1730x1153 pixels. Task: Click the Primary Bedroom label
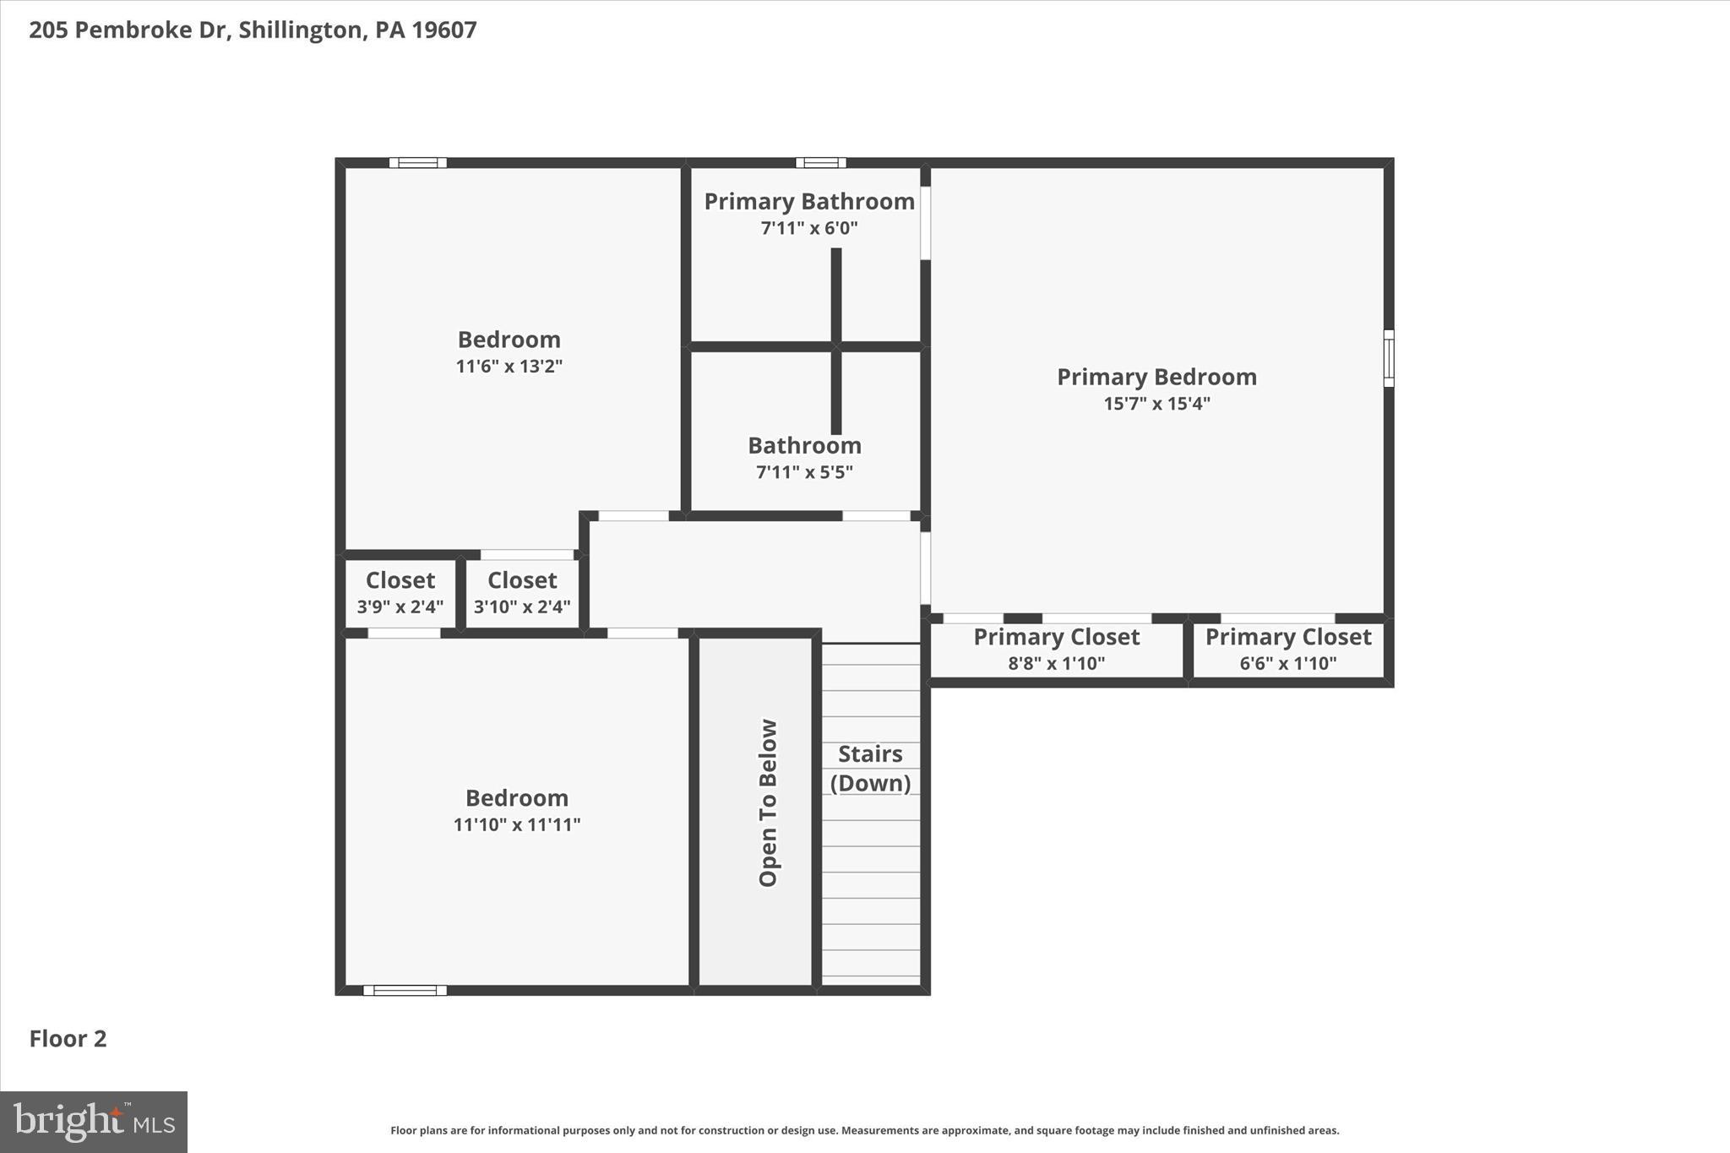[1156, 377]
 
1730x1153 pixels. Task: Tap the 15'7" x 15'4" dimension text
[1156, 404]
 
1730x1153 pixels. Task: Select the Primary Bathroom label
[809, 201]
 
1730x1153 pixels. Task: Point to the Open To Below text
[768, 802]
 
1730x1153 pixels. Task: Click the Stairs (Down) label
[870, 768]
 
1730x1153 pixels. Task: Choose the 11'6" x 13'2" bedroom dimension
[509, 367]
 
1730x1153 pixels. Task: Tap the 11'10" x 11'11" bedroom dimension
[516, 825]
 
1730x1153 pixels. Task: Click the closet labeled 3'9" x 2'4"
[400, 592]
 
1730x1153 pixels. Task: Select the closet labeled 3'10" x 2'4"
[522, 592]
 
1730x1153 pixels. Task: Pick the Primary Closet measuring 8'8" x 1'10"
[1056, 649]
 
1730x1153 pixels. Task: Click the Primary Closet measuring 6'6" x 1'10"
[1287, 649]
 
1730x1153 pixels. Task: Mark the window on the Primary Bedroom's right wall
[1388, 358]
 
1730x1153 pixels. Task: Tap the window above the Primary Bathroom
[820, 163]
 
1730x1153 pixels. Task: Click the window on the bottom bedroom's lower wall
[405, 990]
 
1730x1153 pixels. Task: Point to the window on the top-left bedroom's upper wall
[417, 163]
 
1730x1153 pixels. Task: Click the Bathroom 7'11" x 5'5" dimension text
[804, 472]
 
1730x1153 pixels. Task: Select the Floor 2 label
[68, 1039]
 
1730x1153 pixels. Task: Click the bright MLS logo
[94, 1122]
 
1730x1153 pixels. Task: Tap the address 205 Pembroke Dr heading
[253, 30]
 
